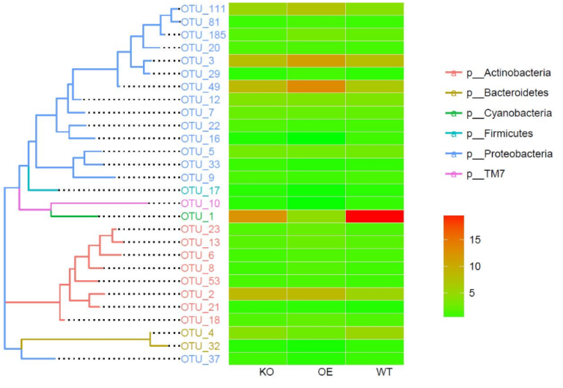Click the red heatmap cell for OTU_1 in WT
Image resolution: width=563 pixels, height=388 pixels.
(374, 216)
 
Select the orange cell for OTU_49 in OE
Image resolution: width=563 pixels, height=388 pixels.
(316, 87)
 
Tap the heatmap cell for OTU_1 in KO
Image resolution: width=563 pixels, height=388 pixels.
(257, 216)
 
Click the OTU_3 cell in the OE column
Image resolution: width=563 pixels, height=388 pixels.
(316, 60)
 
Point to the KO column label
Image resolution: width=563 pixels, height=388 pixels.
(267, 373)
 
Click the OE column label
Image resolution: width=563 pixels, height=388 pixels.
(325, 373)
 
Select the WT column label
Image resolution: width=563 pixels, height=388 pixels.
(383, 373)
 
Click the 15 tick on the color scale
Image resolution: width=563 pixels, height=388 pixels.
(495, 239)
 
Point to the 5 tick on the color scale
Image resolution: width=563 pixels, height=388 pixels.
(492, 293)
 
